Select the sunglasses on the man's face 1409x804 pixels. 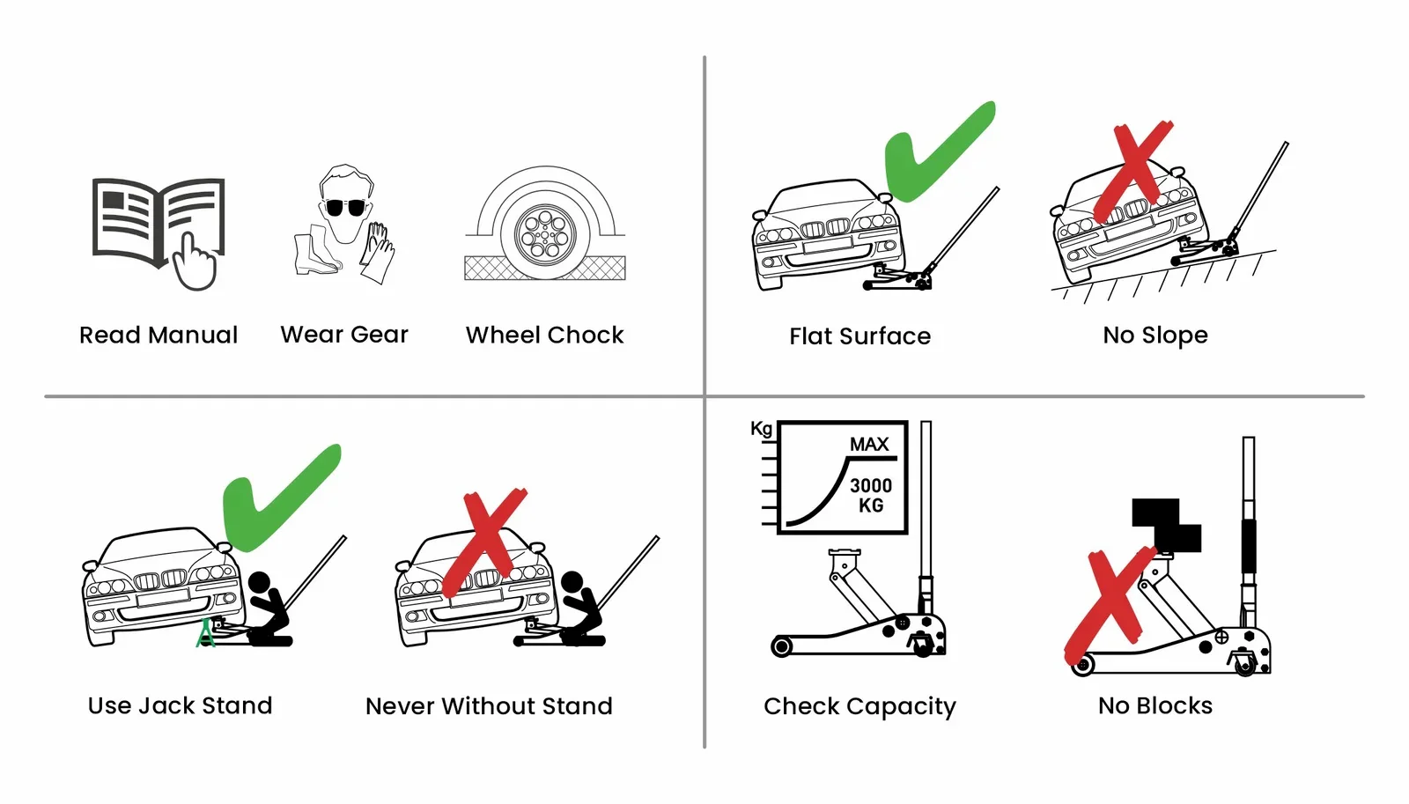pyautogui.click(x=345, y=207)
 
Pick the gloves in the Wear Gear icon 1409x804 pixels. pyautogui.click(x=378, y=252)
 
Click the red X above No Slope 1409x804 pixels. pyautogui.click(x=1133, y=171)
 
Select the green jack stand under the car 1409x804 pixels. pyautogui.click(x=205, y=633)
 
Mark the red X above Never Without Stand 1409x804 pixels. pyautogui.click(x=484, y=542)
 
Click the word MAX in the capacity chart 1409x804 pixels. pyautogui.click(x=869, y=445)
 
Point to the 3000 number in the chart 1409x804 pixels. pyautogui.click(x=871, y=486)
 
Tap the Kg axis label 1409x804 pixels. pyautogui.click(x=761, y=429)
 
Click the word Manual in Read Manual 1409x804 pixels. pyautogui.click(x=193, y=336)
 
